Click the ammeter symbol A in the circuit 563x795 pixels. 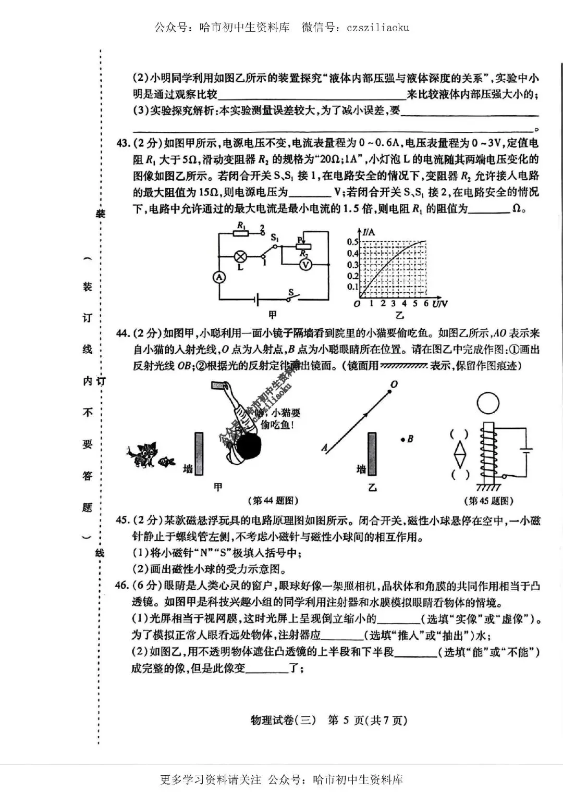(x=219, y=277)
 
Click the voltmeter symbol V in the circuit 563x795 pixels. (x=307, y=265)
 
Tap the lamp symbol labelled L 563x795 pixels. (x=240, y=256)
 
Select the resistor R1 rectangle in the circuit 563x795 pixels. (x=241, y=234)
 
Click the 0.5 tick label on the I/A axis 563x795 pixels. (x=353, y=242)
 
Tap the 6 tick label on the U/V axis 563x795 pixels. (x=426, y=303)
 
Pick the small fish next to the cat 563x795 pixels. (x=167, y=461)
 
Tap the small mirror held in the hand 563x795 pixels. (x=217, y=384)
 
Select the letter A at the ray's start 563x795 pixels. (x=325, y=447)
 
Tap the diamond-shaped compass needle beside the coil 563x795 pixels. (x=459, y=454)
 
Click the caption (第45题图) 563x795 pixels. (x=488, y=501)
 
